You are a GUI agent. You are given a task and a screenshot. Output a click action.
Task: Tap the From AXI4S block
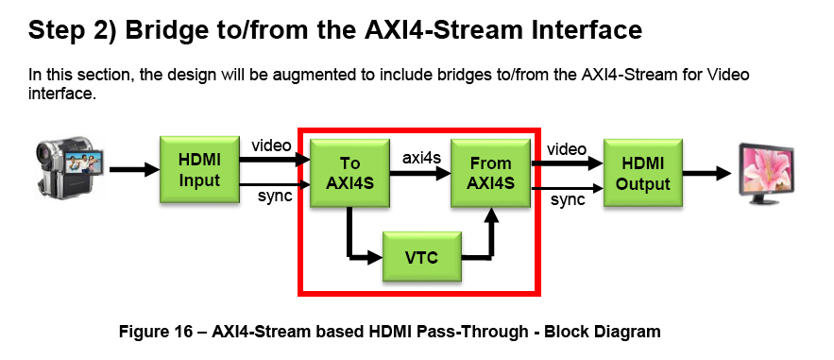pos(492,172)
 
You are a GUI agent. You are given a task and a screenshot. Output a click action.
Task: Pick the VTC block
pos(420,257)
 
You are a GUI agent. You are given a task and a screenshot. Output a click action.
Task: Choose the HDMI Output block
pos(642,172)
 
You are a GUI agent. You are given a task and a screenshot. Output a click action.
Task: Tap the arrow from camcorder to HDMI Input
pos(132,171)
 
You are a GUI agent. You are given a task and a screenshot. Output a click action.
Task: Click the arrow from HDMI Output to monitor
pos(707,172)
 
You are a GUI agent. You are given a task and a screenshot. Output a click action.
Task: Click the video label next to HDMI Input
pos(272,146)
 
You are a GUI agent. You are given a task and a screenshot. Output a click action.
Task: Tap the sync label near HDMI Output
pos(568,200)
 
